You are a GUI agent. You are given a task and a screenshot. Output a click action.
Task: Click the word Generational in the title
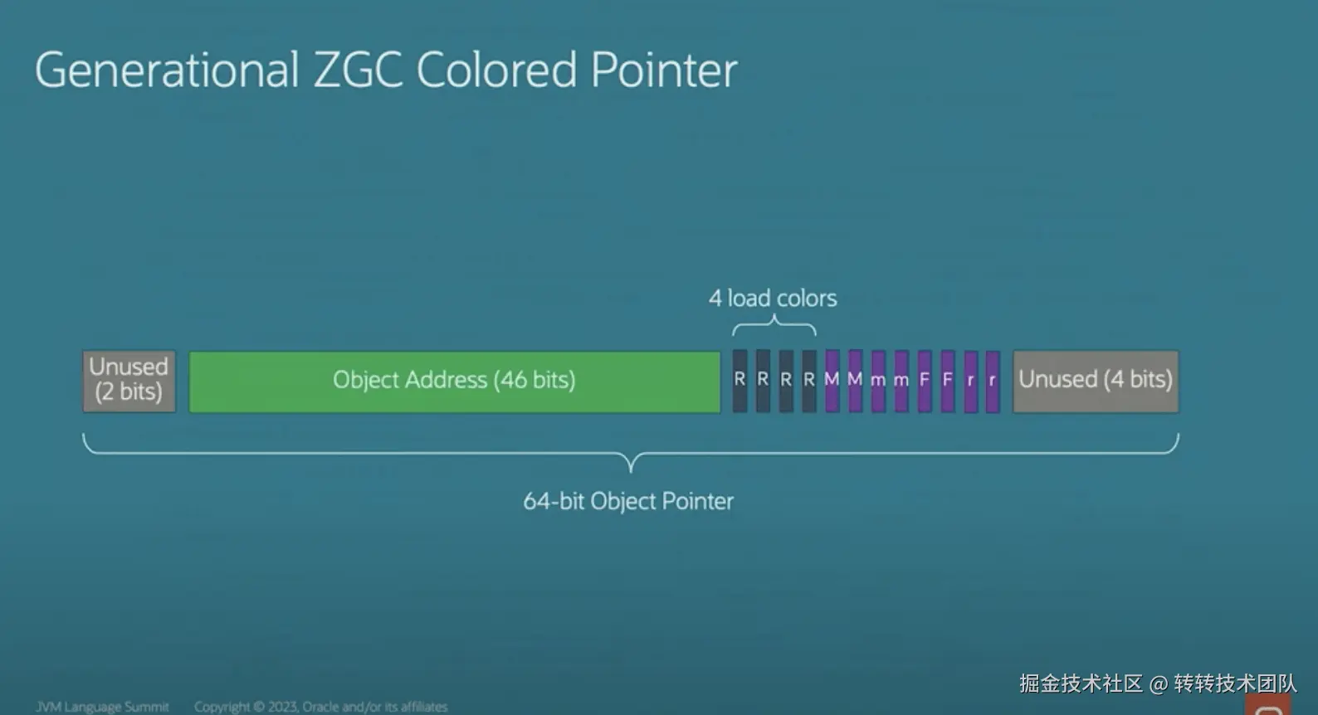click(x=167, y=70)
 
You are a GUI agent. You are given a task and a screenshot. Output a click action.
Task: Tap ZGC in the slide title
click(x=358, y=70)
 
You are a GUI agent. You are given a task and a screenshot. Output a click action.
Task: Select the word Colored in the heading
click(x=495, y=70)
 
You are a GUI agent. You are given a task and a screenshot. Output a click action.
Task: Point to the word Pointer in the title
click(x=663, y=70)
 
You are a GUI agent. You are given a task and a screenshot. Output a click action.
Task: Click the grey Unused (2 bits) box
click(x=129, y=381)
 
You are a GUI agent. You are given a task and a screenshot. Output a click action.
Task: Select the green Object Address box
click(x=454, y=381)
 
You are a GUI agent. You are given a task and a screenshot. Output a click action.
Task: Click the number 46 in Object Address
click(x=513, y=380)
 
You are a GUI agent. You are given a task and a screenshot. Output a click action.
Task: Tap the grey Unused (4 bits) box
click(x=1095, y=381)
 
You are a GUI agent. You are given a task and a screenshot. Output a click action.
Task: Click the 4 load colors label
click(x=773, y=299)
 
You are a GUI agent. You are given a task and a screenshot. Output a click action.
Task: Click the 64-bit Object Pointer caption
click(x=628, y=501)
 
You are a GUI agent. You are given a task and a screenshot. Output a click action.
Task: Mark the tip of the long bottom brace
click(x=631, y=469)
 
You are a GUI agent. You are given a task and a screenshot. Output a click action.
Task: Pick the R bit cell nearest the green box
click(x=740, y=381)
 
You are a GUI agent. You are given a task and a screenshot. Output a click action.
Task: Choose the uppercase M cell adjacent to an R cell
click(x=832, y=381)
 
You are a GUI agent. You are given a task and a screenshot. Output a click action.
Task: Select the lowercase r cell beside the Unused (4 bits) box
click(x=992, y=381)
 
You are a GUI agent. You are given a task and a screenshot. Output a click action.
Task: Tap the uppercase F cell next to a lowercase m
click(x=925, y=381)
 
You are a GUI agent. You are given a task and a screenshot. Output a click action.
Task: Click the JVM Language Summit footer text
click(x=102, y=707)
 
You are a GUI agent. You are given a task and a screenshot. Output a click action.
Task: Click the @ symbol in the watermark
click(x=1158, y=683)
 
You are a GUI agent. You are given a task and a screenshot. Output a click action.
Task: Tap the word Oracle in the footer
click(x=320, y=707)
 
